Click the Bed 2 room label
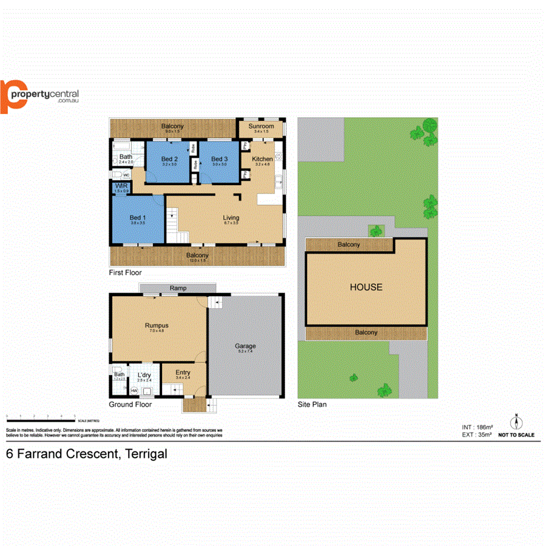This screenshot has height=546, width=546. [170, 159]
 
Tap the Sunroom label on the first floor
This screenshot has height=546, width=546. [261, 126]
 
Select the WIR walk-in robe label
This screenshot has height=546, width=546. [121, 186]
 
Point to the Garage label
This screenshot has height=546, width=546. [246, 346]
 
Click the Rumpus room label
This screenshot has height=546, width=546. [157, 326]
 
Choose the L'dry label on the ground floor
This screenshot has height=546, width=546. [144, 375]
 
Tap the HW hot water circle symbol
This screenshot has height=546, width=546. [133, 390]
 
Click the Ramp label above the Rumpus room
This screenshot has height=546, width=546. [178, 288]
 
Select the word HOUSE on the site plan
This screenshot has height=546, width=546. [366, 287]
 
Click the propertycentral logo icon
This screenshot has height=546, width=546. [12, 96]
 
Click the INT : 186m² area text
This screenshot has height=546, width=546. [476, 427]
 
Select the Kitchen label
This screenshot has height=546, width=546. [263, 159]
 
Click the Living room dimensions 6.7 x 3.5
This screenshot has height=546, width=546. [231, 223]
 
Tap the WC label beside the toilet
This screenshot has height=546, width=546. [127, 175]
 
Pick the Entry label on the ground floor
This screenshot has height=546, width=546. [183, 372]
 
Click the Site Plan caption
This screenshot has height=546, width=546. [312, 404]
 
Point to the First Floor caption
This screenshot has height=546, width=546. [125, 272]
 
